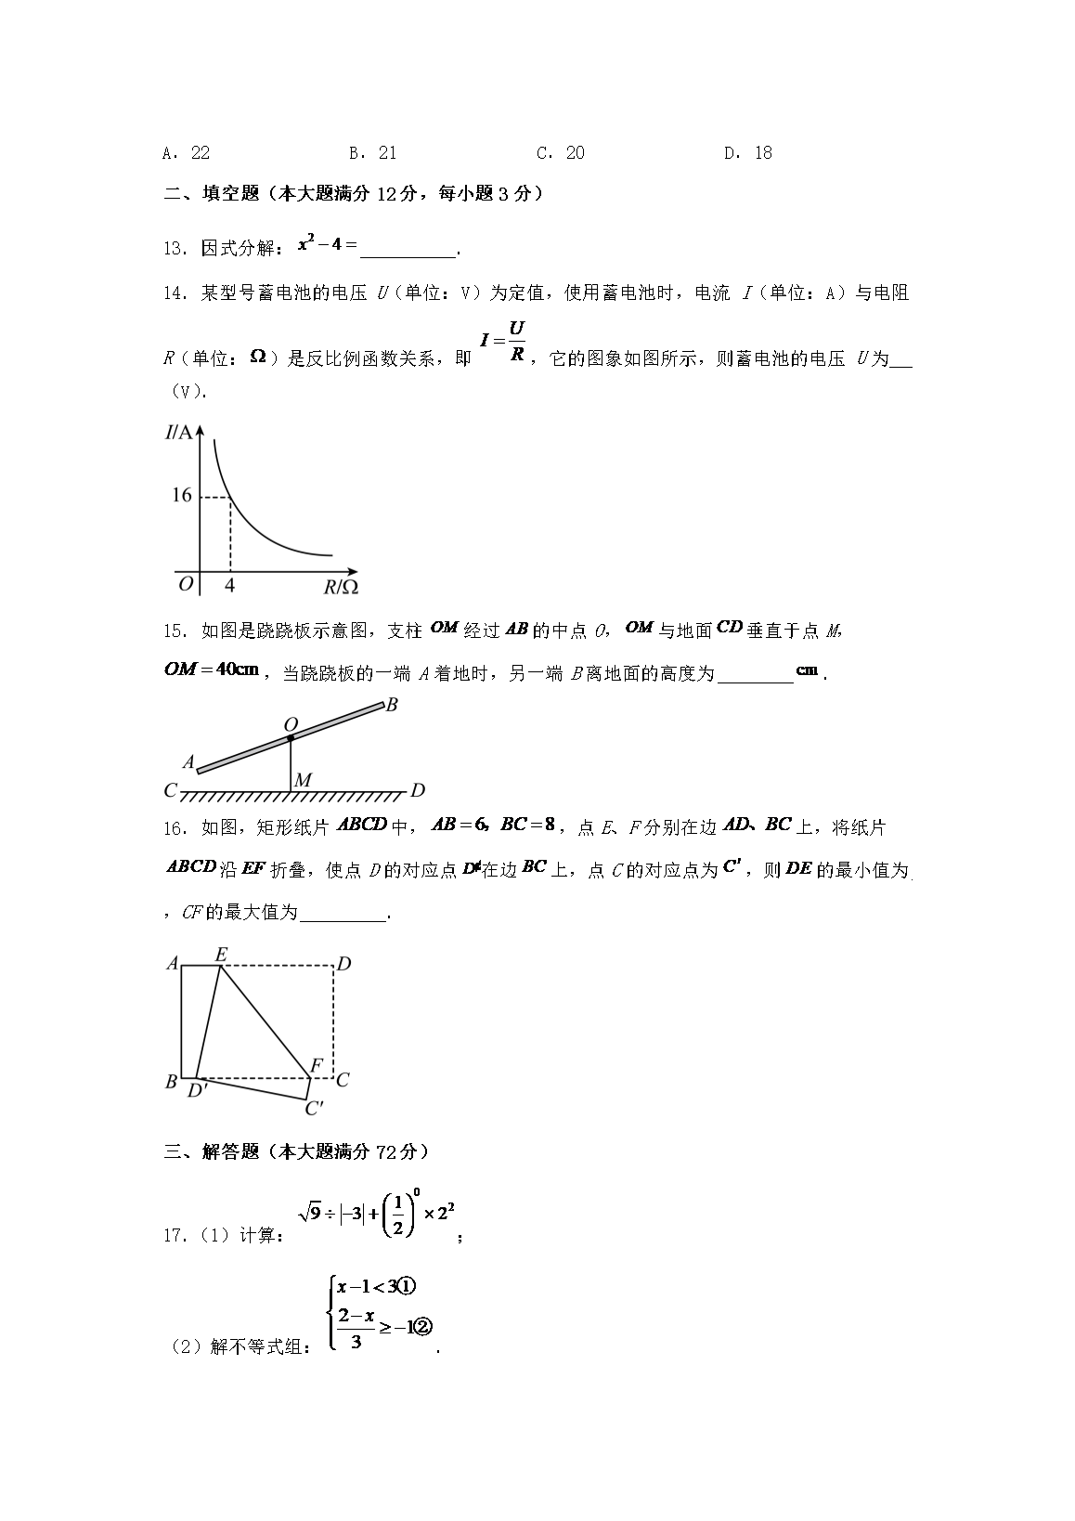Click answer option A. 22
(x=186, y=153)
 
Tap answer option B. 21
(x=373, y=153)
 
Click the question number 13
(x=172, y=248)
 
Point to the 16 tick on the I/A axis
(x=181, y=495)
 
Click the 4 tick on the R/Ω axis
(x=229, y=585)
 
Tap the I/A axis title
(x=180, y=432)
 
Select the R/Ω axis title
(x=341, y=586)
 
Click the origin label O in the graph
(x=186, y=583)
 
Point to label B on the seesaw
(x=392, y=705)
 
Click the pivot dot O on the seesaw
(x=291, y=738)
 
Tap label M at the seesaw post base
(x=303, y=781)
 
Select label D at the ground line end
(x=418, y=790)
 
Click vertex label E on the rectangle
(x=221, y=954)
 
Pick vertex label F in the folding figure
(x=316, y=1065)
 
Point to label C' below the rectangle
(x=314, y=1108)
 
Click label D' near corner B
(x=197, y=1091)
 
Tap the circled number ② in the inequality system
(x=424, y=1329)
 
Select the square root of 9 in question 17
(x=310, y=1212)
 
